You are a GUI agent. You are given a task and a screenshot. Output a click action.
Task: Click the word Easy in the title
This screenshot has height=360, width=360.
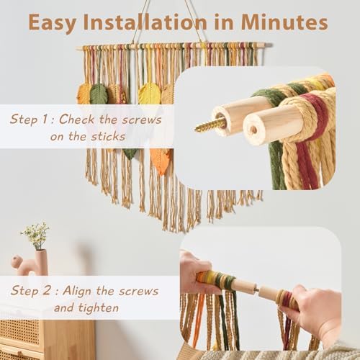(52, 23)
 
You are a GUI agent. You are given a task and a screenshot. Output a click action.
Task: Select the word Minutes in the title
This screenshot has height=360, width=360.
(284, 22)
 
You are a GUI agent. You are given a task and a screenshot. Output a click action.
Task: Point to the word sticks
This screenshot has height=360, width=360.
(108, 136)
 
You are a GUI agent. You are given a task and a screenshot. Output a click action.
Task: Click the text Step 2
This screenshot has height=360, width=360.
(30, 291)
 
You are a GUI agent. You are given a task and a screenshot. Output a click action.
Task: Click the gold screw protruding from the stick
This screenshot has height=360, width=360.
(210, 125)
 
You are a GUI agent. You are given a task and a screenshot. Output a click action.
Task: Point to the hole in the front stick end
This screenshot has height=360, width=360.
(253, 130)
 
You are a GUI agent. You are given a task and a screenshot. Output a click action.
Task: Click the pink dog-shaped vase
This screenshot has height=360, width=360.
(31, 263)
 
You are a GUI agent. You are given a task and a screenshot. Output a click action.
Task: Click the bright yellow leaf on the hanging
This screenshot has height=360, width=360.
(149, 94)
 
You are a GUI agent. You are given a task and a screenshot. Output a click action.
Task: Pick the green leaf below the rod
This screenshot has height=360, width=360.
(99, 94)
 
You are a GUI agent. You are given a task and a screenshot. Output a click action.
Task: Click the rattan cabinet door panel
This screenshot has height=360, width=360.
(19, 332)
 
